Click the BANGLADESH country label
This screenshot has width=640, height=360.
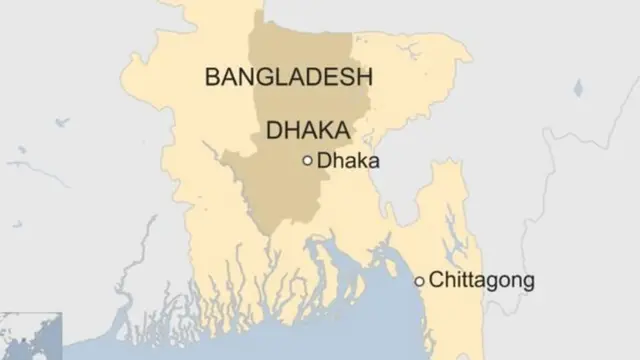click(288, 77)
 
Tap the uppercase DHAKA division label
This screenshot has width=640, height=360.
click(308, 130)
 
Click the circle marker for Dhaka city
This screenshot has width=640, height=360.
click(307, 160)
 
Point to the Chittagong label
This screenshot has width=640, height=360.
click(481, 281)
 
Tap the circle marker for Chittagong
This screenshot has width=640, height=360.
click(420, 281)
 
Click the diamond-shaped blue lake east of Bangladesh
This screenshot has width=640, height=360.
click(578, 88)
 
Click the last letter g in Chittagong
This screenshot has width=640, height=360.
click(527, 283)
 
